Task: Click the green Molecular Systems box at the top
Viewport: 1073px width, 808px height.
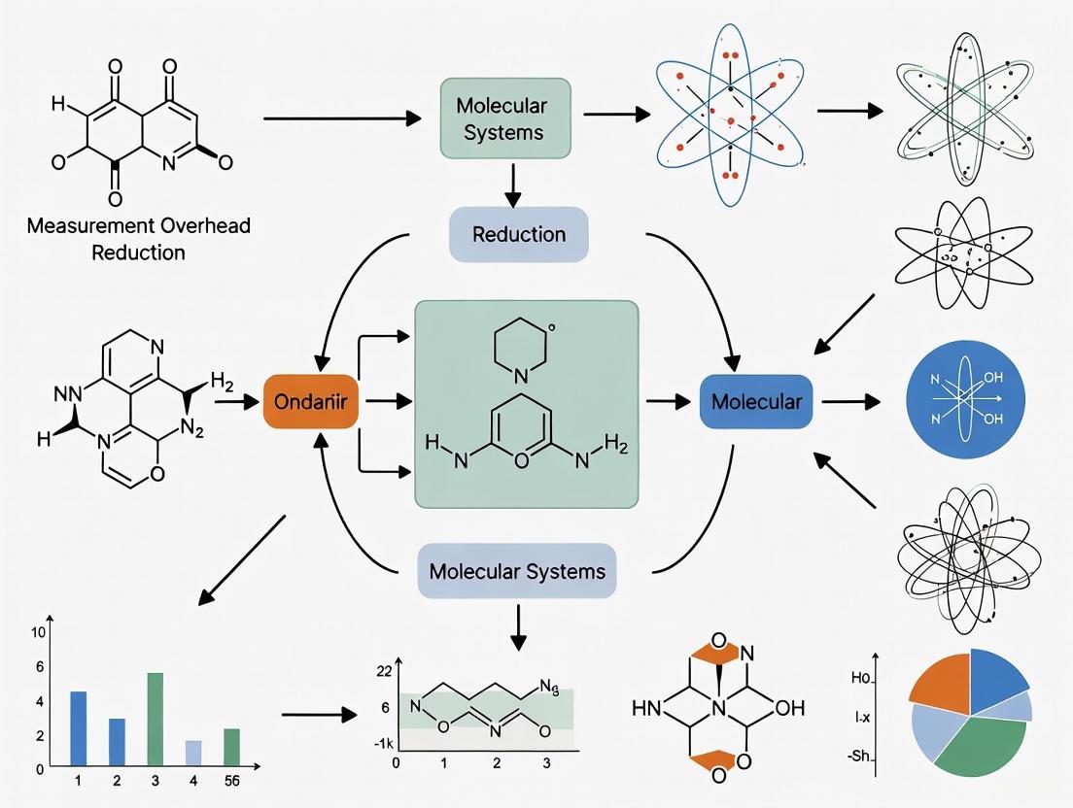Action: pyautogui.click(x=505, y=118)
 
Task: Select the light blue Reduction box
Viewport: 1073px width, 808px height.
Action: pyautogui.click(x=518, y=234)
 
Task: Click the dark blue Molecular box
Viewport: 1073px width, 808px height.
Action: pyautogui.click(x=756, y=401)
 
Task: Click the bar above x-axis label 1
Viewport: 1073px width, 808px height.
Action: pyautogui.click(x=79, y=726)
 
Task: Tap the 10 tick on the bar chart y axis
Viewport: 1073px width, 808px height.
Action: pyautogui.click(x=39, y=633)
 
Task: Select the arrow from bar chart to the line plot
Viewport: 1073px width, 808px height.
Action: pyautogui.click(x=318, y=717)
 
